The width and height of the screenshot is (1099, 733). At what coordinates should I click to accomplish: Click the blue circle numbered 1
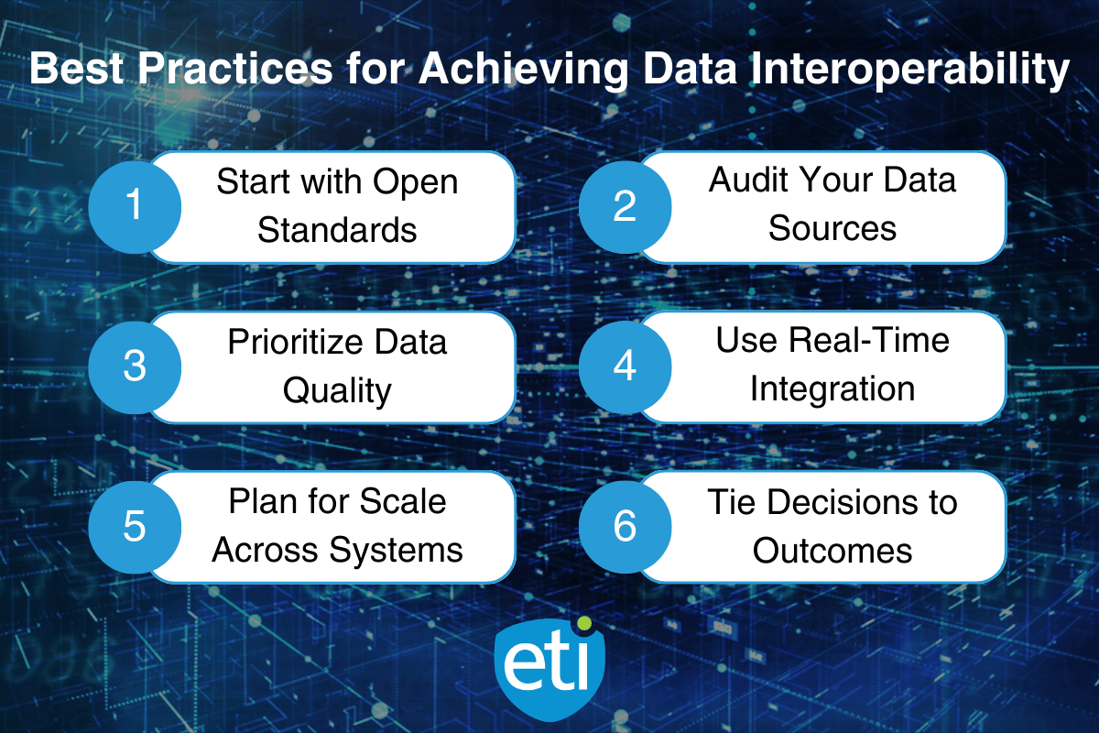click(135, 205)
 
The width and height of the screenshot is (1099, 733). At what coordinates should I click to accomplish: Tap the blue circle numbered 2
click(625, 205)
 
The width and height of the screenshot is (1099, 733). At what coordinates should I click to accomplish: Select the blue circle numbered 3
click(135, 366)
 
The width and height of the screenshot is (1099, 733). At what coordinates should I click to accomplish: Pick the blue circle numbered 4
click(625, 366)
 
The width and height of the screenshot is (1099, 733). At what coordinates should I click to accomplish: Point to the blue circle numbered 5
click(135, 527)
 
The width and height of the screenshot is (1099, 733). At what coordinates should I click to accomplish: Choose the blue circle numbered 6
click(625, 527)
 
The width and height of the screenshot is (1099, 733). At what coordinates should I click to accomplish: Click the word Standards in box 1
click(337, 230)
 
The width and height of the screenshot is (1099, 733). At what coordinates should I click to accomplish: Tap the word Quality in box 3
click(337, 391)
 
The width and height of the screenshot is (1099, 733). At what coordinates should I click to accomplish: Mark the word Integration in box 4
click(832, 388)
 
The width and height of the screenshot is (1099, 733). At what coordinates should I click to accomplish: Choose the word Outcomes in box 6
click(832, 550)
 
